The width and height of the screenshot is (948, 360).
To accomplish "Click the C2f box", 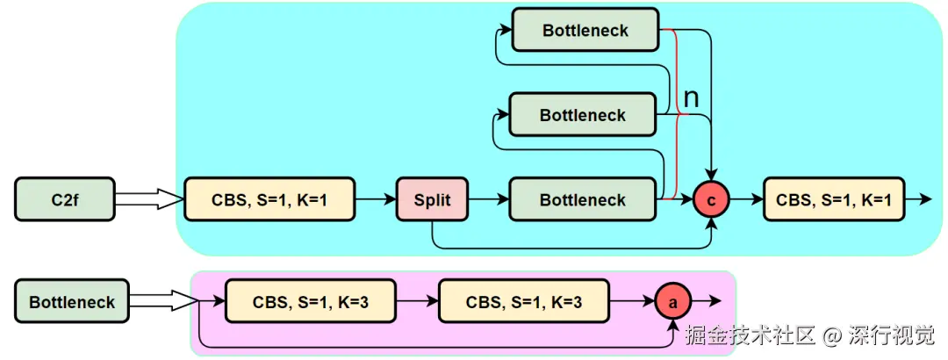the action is (x=65, y=199).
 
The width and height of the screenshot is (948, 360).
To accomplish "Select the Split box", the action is (x=432, y=199).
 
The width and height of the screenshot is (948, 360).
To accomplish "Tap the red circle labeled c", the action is (x=711, y=199).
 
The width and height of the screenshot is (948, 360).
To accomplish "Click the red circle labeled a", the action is (x=672, y=300).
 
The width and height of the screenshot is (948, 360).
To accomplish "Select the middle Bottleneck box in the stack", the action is (x=583, y=114).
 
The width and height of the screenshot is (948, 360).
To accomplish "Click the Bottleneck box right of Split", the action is (x=583, y=199).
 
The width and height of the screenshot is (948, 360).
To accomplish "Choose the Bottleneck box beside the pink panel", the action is (x=72, y=300).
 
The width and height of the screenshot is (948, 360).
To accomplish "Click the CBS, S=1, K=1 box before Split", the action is (x=269, y=199).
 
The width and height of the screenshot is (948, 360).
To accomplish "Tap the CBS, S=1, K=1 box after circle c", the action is (x=834, y=199).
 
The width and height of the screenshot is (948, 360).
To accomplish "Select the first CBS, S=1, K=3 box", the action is (x=311, y=300).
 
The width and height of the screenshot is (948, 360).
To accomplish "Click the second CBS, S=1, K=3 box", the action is (x=524, y=300).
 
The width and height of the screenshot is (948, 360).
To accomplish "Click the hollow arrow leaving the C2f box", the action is (x=149, y=199).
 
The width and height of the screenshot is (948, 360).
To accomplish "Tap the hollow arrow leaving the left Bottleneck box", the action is (x=164, y=300).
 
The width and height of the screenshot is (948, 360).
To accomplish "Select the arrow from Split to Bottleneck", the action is (x=489, y=199).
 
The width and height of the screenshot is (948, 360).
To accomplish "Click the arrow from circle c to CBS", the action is (x=746, y=199).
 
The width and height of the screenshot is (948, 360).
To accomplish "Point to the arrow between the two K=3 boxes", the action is (x=418, y=300).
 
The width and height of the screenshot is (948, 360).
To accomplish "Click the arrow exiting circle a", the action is (x=706, y=300).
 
